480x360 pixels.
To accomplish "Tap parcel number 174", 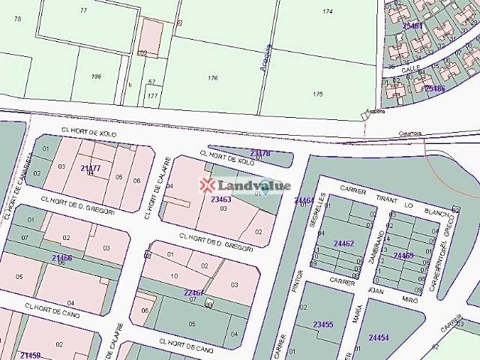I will [x=327, y=12].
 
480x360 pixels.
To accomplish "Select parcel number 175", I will [x=317, y=94].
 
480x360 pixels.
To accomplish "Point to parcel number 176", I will [x=213, y=78].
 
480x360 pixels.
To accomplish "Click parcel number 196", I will [x=95, y=76].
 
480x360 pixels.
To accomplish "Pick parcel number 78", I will [x=17, y=18].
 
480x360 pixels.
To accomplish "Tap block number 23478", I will [x=259, y=153].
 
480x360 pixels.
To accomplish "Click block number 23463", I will [x=220, y=199].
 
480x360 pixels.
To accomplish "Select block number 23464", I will [x=304, y=200].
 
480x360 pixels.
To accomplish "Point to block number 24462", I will [x=343, y=244].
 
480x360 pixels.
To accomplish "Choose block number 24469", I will [x=403, y=256].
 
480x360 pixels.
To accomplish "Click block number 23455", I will [x=323, y=324].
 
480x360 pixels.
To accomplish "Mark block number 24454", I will [x=379, y=337].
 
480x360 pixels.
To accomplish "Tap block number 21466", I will [x=62, y=258].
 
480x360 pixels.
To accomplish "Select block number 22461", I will [x=194, y=292].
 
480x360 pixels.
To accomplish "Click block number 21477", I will [x=90, y=168].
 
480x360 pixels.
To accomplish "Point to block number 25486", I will [x=434, y=88].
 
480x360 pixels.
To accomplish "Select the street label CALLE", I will [x=410, y=68].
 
